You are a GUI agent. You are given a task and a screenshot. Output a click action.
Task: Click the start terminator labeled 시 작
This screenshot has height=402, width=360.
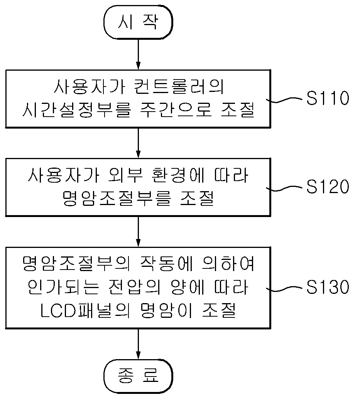[138, 22]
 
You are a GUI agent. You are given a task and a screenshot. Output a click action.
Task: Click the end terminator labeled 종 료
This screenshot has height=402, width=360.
[138, 376]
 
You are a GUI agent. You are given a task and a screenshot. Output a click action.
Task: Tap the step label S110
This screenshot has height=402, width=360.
[328, 98]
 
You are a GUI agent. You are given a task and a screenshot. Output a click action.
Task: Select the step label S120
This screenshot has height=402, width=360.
[328, 187]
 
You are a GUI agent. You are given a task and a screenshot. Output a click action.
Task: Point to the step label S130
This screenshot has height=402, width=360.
[328, 287]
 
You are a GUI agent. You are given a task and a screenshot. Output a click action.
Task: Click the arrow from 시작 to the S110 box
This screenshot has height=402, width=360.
[138, 54]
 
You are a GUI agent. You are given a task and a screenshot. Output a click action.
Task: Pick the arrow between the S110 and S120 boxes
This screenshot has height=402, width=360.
[138, 143]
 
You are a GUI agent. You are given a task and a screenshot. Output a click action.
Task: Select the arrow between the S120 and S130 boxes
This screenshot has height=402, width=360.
[138, 232]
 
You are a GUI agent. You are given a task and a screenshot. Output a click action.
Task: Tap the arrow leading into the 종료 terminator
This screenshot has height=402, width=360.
[138, 344]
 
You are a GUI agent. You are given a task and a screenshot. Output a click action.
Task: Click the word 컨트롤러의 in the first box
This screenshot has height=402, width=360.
[179, 87]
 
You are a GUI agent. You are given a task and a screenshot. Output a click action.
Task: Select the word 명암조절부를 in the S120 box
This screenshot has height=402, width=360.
[117, 198]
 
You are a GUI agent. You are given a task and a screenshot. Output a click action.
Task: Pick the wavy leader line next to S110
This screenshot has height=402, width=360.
[284, 100]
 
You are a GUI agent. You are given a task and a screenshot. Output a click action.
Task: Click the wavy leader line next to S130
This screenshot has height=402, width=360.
[284, 288]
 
